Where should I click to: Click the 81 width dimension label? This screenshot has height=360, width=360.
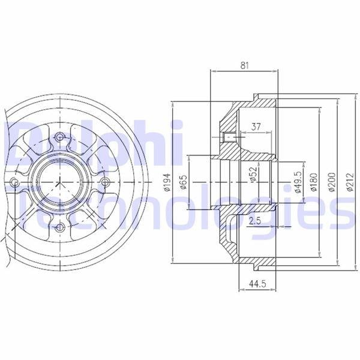coord(245,65)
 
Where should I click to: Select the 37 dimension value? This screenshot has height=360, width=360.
coord(256,127)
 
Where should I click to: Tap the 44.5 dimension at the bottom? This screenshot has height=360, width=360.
coord(257,284)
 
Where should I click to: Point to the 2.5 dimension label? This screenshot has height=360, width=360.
coord(255,221)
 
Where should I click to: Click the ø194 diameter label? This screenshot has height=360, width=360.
coord(167,182)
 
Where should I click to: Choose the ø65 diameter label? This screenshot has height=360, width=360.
coord(184,182)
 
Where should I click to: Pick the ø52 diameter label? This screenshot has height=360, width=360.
coord(253,174)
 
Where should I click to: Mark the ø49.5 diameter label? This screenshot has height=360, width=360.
coord(298,182)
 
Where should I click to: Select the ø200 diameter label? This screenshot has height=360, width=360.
coord(332,182)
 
